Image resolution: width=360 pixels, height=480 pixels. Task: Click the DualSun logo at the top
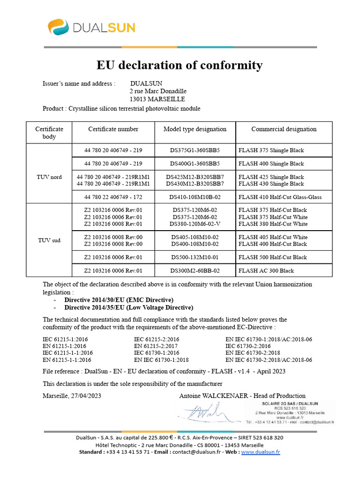coord(91,27)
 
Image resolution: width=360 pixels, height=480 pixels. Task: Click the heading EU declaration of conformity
coord(180,65)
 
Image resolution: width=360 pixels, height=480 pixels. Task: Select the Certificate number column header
coord(113,129)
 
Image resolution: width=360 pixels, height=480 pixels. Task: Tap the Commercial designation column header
coord(284,129)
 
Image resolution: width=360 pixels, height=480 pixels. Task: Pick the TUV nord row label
coord(49,177)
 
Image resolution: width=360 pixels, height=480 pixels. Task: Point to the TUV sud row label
coord(49,240)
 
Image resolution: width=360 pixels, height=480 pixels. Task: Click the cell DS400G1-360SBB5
coord(195,164)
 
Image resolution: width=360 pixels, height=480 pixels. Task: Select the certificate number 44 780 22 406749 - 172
coord(113,197)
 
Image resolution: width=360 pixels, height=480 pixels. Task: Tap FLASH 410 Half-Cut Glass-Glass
coord(280,197)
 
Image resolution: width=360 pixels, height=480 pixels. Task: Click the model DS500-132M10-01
coord(195,257)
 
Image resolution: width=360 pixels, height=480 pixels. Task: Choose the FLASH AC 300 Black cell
coord(266,271)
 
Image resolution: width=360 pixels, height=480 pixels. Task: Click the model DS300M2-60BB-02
coord(195,271)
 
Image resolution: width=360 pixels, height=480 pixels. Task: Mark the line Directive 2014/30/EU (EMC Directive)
coord(119,300)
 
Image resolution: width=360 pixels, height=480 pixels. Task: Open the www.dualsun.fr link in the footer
coord(261,452)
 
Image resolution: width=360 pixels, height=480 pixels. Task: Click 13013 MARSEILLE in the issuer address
coord(157,99)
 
